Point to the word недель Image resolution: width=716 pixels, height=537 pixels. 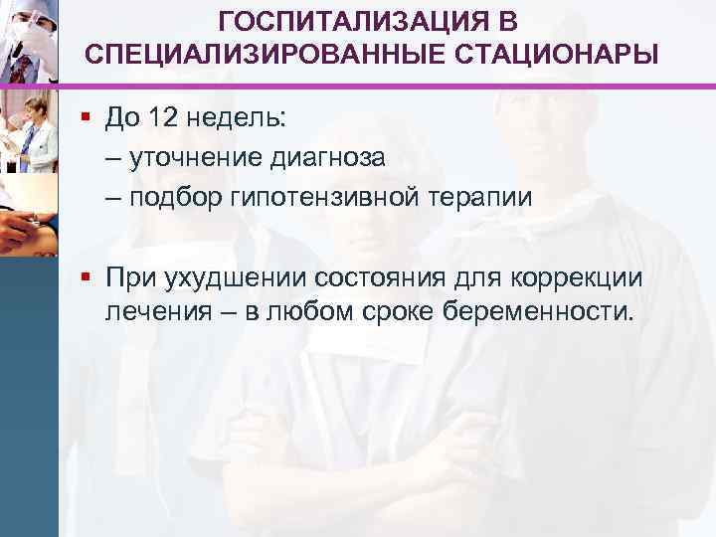[x=237, y=119]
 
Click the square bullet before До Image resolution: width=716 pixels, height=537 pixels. [x=89, y=119]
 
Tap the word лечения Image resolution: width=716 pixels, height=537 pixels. [x=157, y=313]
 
